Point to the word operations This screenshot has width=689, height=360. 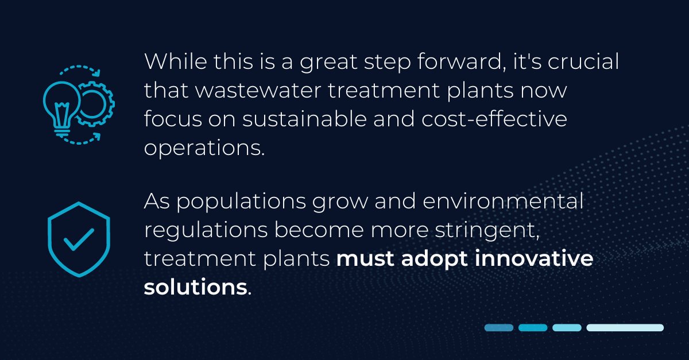[204, 148]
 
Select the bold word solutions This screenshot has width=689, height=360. [195, 287]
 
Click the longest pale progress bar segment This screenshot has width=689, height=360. [625, 327]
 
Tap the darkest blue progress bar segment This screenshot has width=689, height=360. [498, 327]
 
